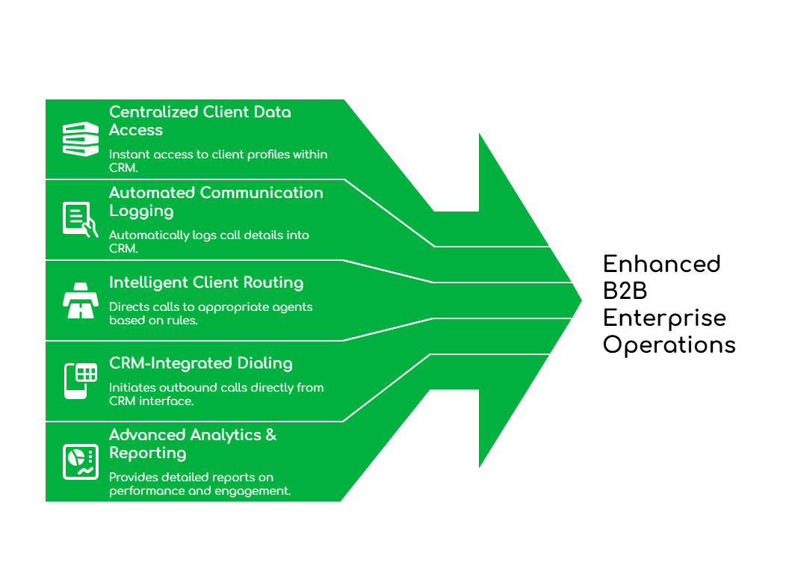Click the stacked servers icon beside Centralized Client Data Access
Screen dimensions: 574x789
(x=80, y=139)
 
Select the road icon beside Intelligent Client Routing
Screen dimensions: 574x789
(x=80, y=300)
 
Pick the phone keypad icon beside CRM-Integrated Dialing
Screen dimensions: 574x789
(x=80, y=380)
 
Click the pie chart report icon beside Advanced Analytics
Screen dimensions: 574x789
(x=80, y=461)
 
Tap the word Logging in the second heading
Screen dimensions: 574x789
(x=141, y=212)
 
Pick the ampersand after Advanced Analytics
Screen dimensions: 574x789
(x=270, y=435)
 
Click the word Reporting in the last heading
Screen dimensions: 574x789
(x=147, y=454)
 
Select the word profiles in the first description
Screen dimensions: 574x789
(x=240, y=155)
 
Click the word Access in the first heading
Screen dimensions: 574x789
(x=135, y=130)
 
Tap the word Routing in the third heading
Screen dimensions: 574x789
(x=275, y=283)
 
